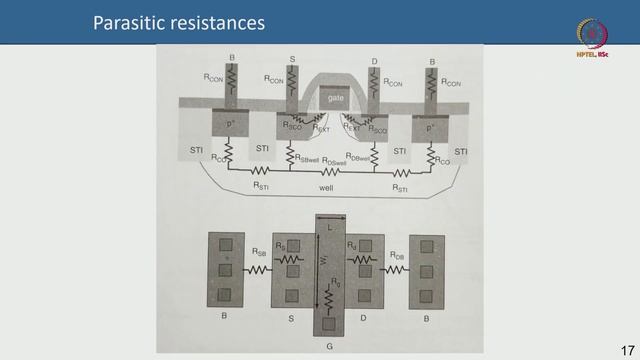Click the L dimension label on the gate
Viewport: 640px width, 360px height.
pos(329,227)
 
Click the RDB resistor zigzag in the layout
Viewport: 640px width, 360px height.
pos(397,269)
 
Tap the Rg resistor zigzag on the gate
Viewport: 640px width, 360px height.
pos(329,297)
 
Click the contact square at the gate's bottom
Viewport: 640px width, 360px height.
pos(329,323)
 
